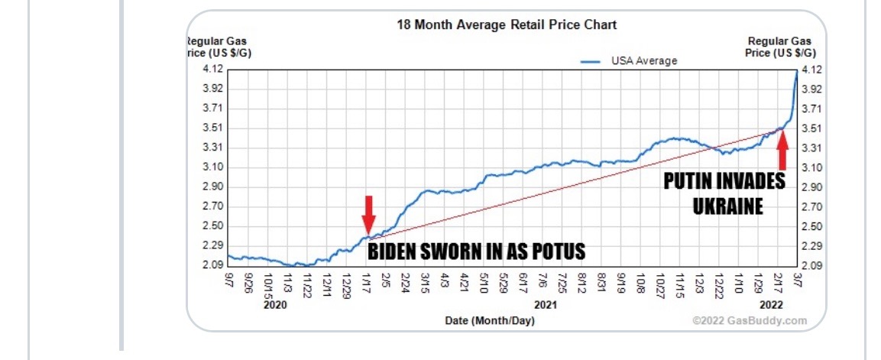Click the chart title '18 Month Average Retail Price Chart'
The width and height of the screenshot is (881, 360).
[507, 24]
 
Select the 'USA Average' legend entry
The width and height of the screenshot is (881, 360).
[643, 60]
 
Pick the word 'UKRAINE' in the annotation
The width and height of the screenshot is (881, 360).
[727, 206]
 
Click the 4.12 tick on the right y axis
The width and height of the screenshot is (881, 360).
[811, 70]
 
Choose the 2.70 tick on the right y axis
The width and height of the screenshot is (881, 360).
[811, 206]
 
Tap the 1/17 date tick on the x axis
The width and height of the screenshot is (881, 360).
[367, 284]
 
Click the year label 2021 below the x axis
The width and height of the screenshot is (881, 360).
[544, 304]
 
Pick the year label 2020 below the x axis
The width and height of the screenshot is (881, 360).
[274, 304]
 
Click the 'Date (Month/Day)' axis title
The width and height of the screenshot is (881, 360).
[490, 320]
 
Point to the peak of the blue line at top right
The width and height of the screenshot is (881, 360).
[797, 71]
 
